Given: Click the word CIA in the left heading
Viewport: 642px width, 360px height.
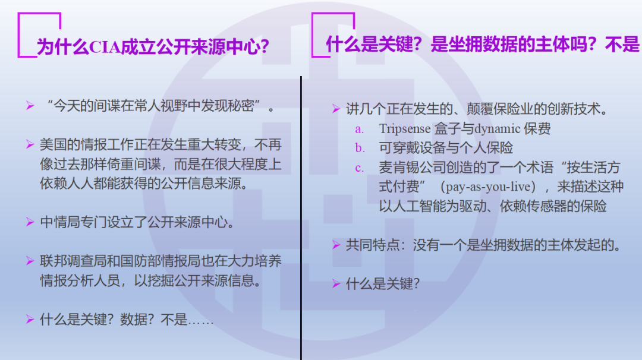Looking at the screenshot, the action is (105, 47).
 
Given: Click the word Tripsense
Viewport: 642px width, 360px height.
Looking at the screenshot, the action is (405, 128).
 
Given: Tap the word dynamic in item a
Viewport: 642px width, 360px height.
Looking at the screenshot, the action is (498, 129).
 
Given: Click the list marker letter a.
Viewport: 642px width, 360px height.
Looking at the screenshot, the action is (359, 130).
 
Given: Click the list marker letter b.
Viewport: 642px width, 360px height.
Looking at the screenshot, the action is (360, 148).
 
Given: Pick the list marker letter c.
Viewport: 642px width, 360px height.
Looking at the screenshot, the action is (359, 168).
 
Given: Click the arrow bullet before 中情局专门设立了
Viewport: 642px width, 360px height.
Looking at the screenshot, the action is (30, 222).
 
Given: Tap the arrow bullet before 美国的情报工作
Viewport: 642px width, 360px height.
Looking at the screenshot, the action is (30, 144).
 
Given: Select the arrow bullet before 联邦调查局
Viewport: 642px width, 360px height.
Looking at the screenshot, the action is (30, 261).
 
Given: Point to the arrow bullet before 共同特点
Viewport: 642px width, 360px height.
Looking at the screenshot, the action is (336, 245).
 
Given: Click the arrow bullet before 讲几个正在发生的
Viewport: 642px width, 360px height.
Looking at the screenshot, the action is (336, 108).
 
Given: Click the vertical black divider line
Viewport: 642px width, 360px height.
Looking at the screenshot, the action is (301, 218).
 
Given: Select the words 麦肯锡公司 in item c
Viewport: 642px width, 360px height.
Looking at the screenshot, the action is (412, 168).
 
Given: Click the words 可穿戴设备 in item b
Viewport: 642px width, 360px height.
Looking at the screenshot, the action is (412, 148).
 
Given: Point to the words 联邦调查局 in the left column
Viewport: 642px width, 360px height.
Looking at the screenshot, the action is (73, 261).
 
